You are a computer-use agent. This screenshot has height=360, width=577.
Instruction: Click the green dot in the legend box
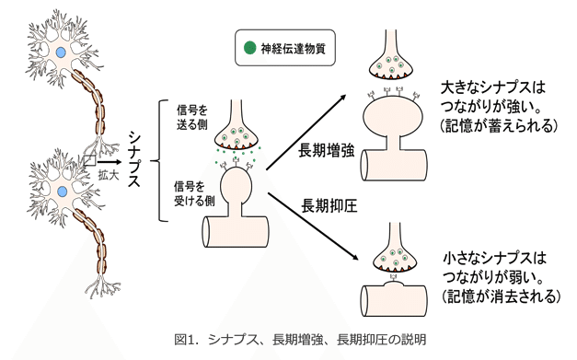(x=249, y=47)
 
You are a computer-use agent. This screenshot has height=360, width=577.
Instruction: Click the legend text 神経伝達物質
(x=291, y=48)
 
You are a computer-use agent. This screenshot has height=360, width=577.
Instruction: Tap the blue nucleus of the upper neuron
(x=60, y=53)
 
